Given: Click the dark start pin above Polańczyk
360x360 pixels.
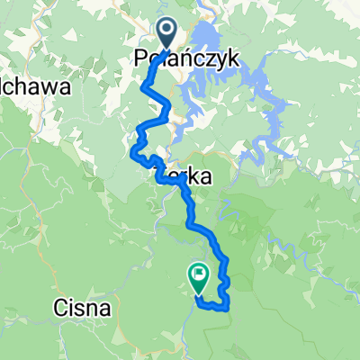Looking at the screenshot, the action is [x=168, y=31].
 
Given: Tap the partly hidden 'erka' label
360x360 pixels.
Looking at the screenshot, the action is [x=191, y=178].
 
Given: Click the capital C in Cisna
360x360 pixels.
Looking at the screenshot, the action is [x=58, y=309].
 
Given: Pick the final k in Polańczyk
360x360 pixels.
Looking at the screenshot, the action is [x=234, y=58].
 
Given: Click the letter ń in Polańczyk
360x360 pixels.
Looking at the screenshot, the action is [x=190, y=58].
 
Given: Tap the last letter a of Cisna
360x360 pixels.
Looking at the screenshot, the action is [x=105, y=309].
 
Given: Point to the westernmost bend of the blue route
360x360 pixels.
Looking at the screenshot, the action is [x=135, y=154].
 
